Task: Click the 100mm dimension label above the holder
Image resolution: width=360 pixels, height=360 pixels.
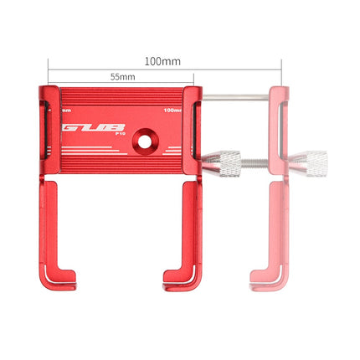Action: coord(163,61)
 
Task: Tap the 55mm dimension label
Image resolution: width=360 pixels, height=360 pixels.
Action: coord(122,77)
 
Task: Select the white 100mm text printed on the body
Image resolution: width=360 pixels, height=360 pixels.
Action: coord(174,111)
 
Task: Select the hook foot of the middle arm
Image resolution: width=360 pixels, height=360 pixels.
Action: coord(179,275)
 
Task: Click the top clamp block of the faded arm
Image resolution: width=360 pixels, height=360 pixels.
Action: coord(279,105)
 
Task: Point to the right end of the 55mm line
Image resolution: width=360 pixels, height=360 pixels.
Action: coord(195,84)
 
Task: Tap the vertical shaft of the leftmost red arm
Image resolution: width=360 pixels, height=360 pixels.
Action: coord(46,226)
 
